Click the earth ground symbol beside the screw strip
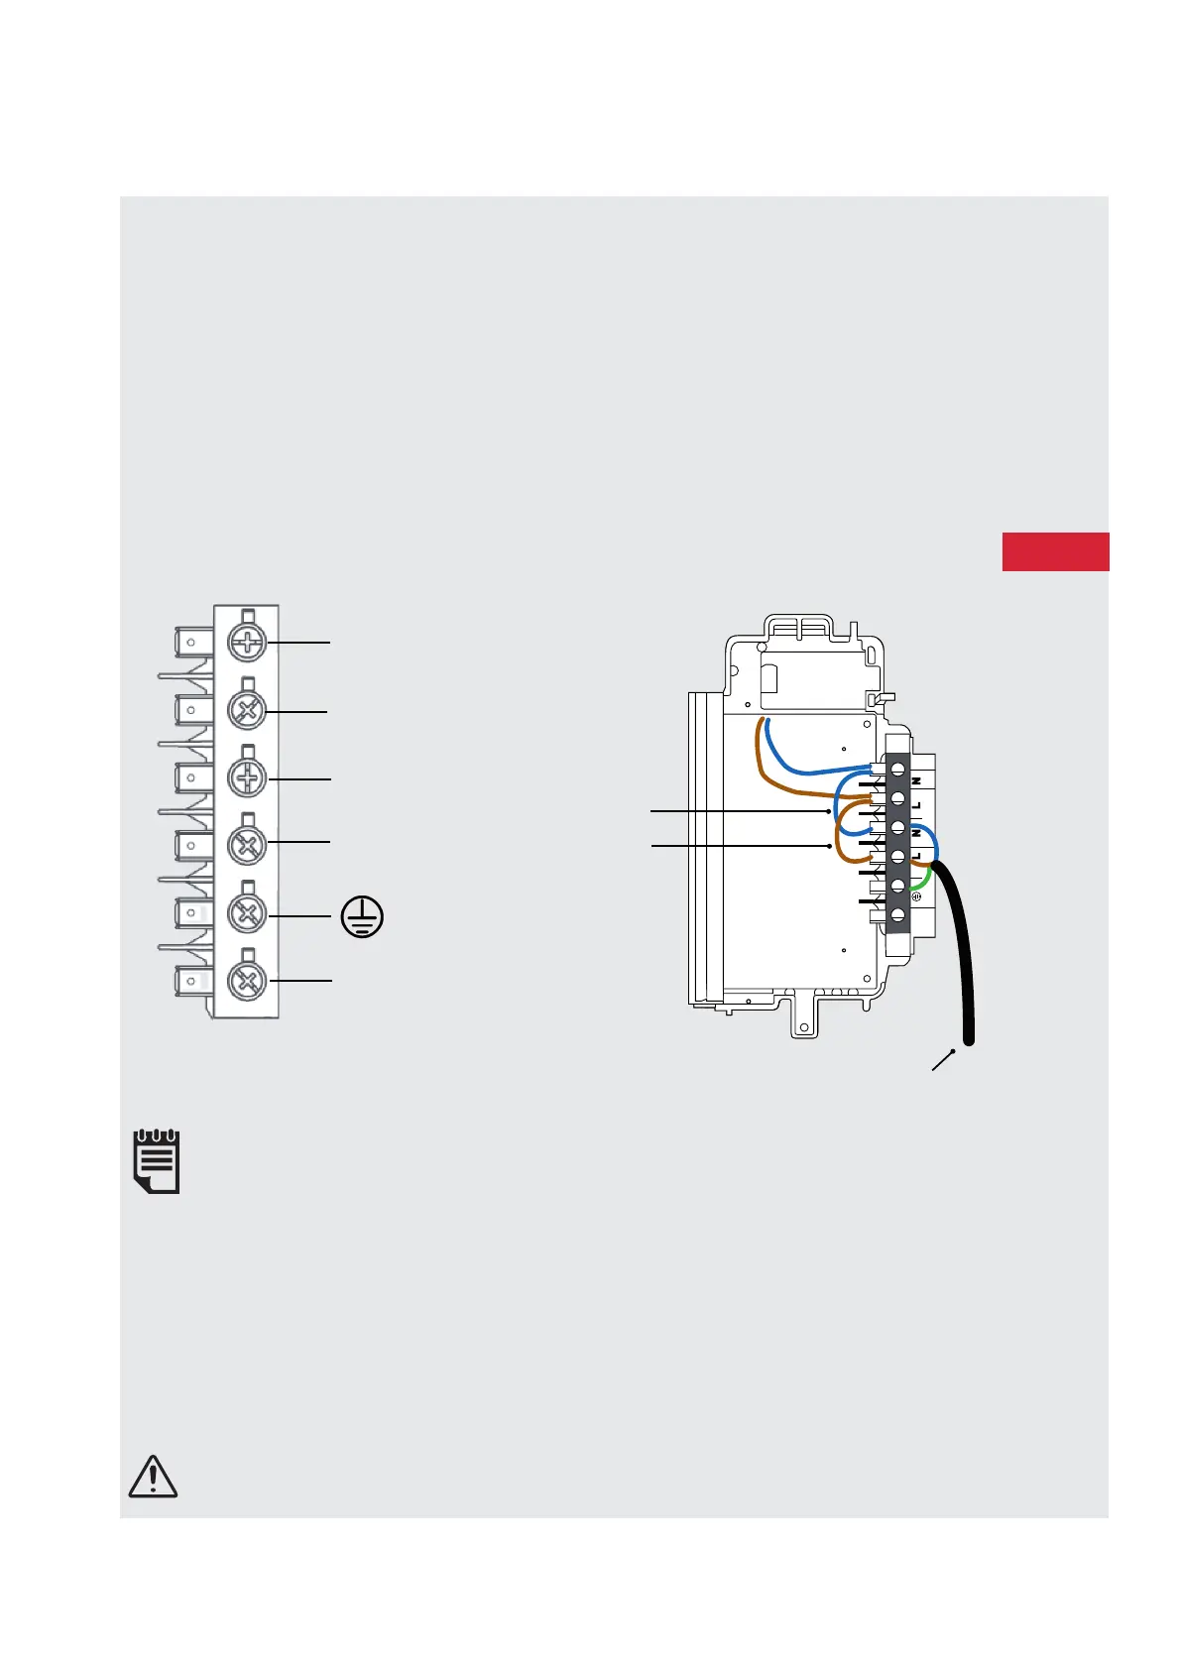click(x=362, y=917)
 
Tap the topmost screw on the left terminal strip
click(x=247, y=643)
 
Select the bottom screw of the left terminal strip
click(x=247, y=981)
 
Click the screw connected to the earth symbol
click(x=247, y=913)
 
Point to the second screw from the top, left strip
click(x=247, y=711)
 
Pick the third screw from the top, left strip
click(x=247, y=778)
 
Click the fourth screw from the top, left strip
click(x=247, y=846)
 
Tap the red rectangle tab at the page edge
click(x=1055, y=551)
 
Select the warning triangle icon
click(x=154, y=1477)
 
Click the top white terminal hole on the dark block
click(x=897, y=769)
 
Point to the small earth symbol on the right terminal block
click(x=917, y=897)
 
